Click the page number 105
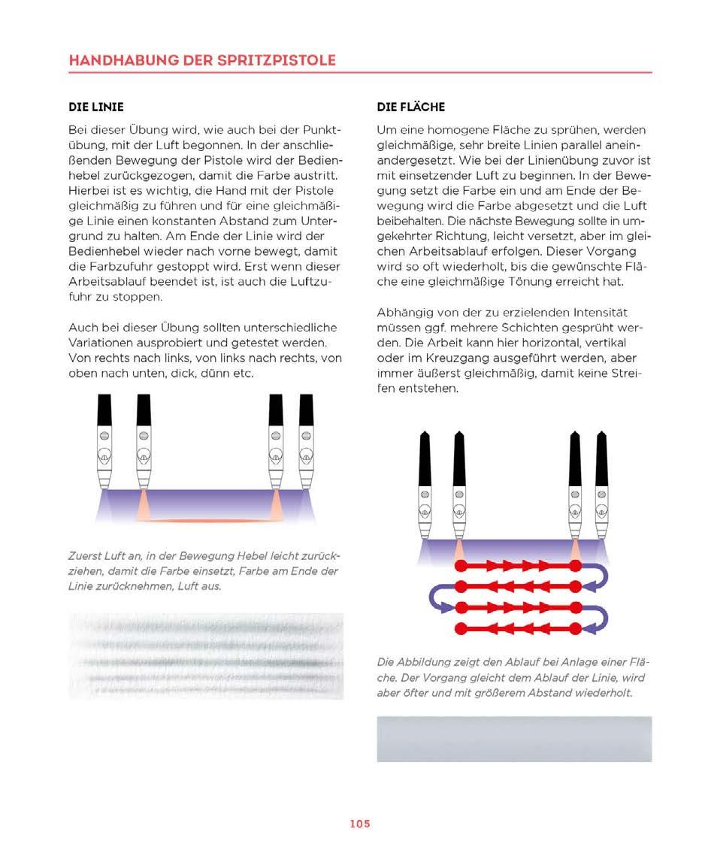pos(359,824)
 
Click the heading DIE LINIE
pos(95,107)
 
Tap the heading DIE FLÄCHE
pos(410,107)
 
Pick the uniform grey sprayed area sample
pos(514,739)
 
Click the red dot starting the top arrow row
pos(460,565)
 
